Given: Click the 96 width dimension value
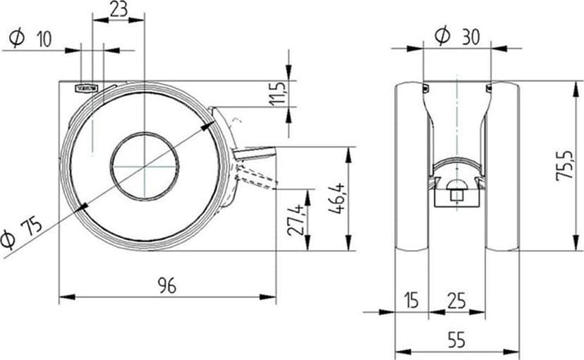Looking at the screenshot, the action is coord(167,286).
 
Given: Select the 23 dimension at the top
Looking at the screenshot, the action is coord(118,9).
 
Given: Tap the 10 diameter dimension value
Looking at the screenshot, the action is coord(44,39).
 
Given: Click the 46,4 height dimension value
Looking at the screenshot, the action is coord(337,198).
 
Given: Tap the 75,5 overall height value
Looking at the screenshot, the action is coord(564,166).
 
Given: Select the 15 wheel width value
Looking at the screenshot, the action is coord(411,301).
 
